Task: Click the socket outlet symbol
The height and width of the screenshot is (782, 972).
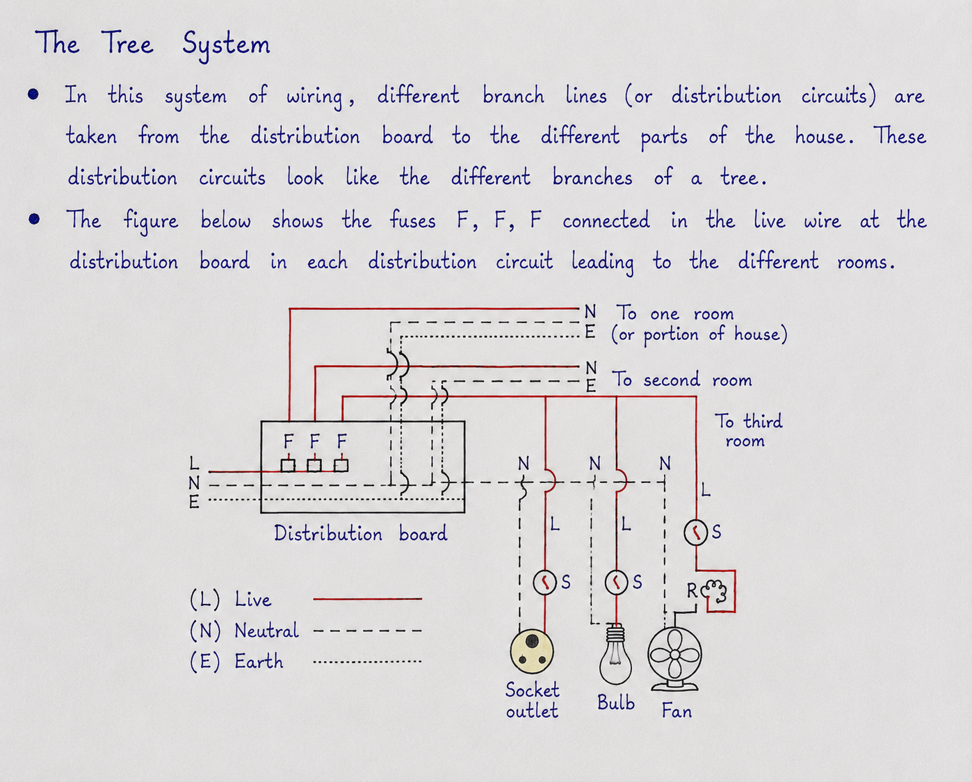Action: [x=532, y=652]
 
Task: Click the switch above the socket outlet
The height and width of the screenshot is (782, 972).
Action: [x=545, y=583]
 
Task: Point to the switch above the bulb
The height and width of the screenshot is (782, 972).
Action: [x=617, y=583]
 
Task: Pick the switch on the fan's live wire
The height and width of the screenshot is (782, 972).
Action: [x=696, y=532]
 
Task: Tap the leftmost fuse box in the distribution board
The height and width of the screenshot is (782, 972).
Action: [x=288, y=466]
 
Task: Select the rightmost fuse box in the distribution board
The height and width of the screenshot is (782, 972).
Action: [x=341, y=466]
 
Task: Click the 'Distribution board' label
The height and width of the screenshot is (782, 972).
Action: [x=360, y=534]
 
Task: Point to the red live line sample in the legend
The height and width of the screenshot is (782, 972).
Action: [x=367, y=598]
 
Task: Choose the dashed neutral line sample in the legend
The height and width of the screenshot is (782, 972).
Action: [x=367, y=630]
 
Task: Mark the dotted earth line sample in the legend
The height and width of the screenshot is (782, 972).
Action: [x=367, y=662]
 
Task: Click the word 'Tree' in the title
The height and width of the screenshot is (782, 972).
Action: [x=127, y=43]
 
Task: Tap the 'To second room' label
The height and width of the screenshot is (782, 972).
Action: [x=681, y=380]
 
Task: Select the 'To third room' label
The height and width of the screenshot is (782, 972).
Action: [x=748, y=430]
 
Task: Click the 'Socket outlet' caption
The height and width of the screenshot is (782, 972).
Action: [x=532, y=700]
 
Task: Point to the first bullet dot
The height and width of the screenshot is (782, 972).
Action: [x=33, y=95]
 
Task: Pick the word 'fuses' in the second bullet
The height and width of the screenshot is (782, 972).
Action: [x=412, y=221]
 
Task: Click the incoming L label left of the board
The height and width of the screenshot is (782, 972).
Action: [x=194, y=463]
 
